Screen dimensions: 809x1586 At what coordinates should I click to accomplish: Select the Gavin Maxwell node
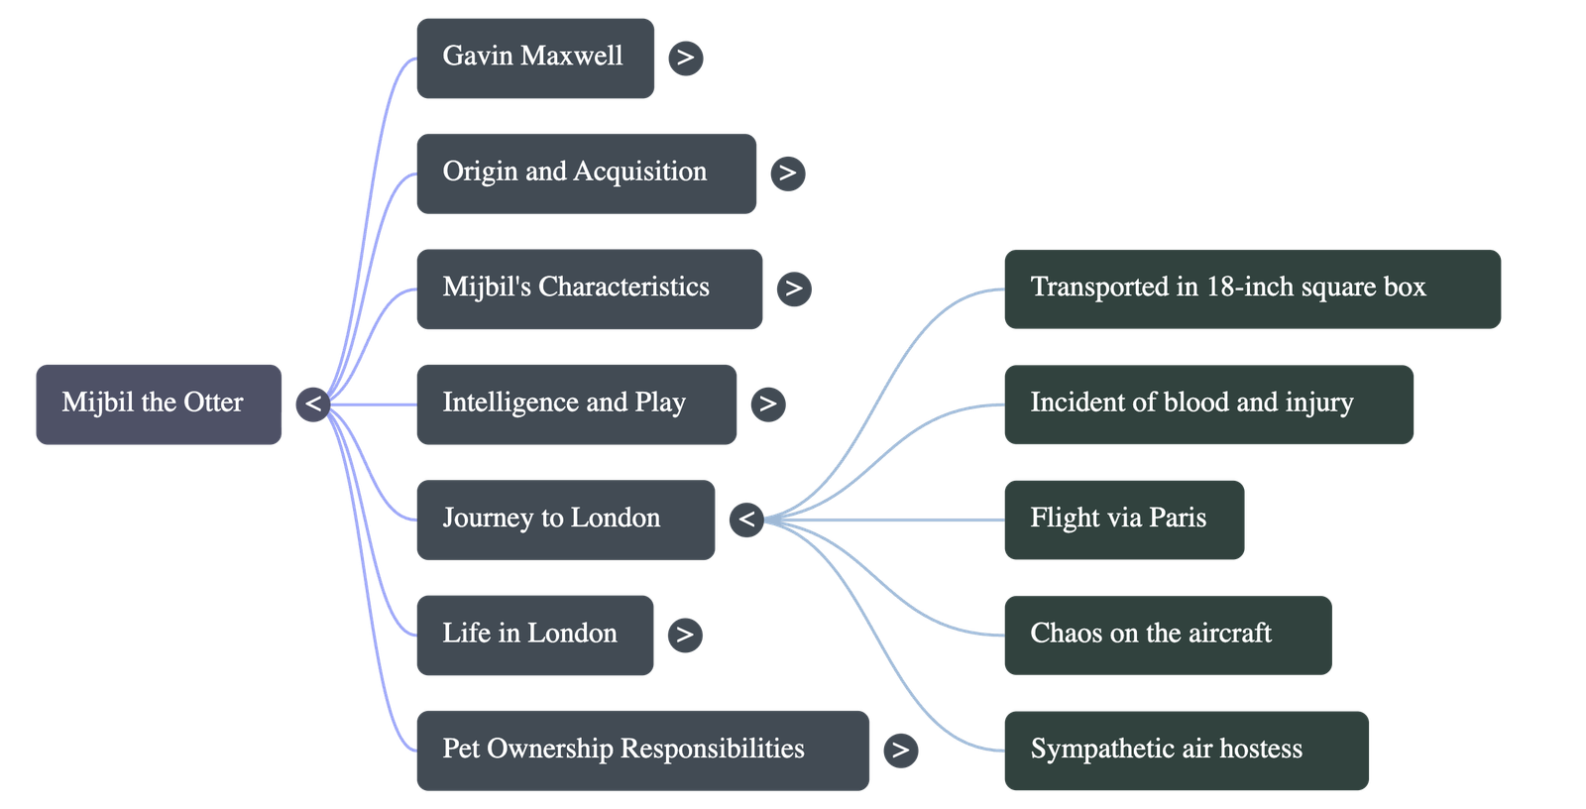tap(534, 58)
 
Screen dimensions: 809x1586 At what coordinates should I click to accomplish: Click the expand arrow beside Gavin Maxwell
tap(686, 58)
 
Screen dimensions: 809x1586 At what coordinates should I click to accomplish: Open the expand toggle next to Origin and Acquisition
tap(787, 173)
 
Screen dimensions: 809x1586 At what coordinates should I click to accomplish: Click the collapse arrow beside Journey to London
tap(746, 520)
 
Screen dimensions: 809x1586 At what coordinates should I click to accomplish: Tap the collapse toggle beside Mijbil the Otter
tap(313, 404)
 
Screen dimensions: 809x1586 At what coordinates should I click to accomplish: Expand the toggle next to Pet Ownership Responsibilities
tap(899, 751)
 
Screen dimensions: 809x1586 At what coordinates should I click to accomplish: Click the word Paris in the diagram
tap(1178, 519)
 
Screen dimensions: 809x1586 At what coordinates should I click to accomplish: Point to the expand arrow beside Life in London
tap(684, 635)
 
